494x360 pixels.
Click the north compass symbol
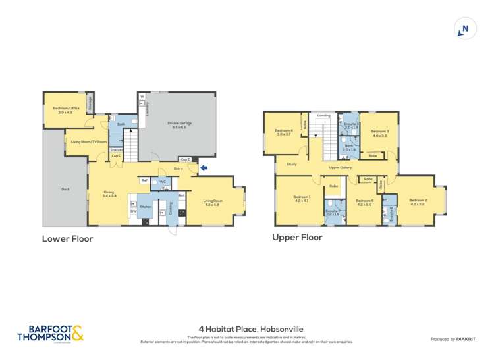click(x=465, y=29)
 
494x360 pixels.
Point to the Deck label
click(x=65, y=189)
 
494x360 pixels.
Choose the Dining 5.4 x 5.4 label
click(x=109, y=193)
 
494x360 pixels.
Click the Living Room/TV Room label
click(x=85, y=141)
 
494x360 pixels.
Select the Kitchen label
click(x=146, y=207)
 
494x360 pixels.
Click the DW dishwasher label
click(x=133, y=211)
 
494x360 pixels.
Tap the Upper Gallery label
click(x=340, y=168)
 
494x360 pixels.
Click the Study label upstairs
click(x=291, y=165)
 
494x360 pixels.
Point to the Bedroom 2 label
click(x=418, y=201)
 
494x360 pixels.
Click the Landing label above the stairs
click(x=323, y=116)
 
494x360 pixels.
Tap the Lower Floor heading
click(x=67, y=238)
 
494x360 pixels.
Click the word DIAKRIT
click(x=467, y=339)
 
